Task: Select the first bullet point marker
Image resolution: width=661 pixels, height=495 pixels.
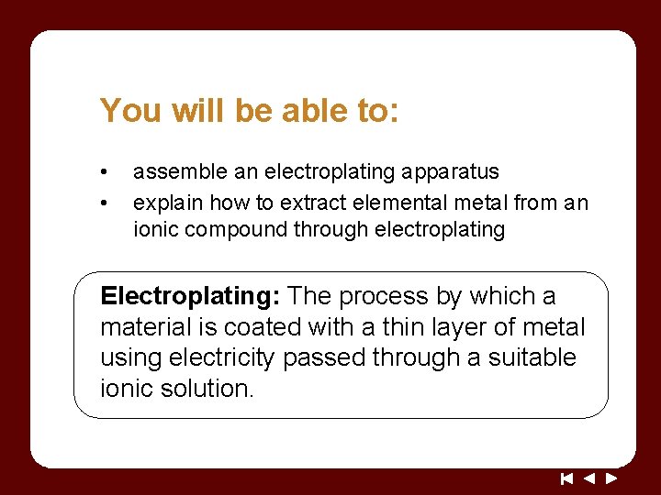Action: coord(106,172)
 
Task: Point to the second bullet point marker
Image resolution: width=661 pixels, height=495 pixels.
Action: coord(106,203)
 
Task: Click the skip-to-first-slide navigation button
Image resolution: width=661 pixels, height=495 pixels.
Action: coord(567,478)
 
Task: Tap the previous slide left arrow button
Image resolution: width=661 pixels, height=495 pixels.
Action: coord(589,478)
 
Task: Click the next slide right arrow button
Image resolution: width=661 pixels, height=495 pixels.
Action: coord(611,478)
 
